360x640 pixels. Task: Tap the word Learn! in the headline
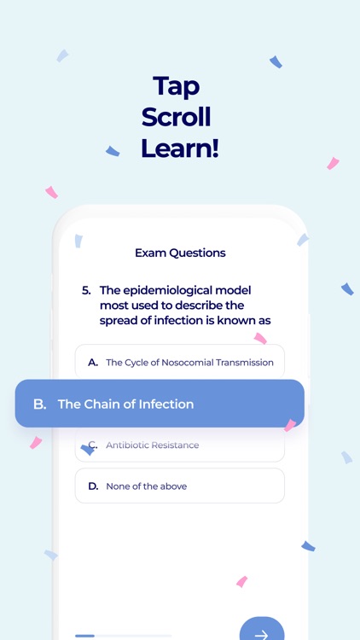pyautogui.click(x=180, y=148)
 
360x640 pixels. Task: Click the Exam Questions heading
pyautogui.click(x=180, y=253)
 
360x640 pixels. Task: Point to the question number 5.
pyautogui.click(x=86, y=290)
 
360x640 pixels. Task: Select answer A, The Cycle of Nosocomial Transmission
pyautogui.click(x=180, y=363)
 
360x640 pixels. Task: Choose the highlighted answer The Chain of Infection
pyautogui.click(x=160, y=404)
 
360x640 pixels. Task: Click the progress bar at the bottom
pyautogui.click(x=123, y=636)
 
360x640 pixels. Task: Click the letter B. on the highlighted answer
pyautogui.click(x=39, y=404)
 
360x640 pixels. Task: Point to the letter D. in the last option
pyautogui.click(x=93, y=486)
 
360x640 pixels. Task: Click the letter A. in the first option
pyautogui.click(x=93, y=363)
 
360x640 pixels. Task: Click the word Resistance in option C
pyautogui.click(x=176, y=445)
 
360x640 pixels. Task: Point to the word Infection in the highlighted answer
pyautogui.click(x=164, y=404)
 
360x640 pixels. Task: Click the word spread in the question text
pyautogui.click(x=120, y=321)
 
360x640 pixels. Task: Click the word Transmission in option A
pyautogui.click(x=244, y=363)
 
